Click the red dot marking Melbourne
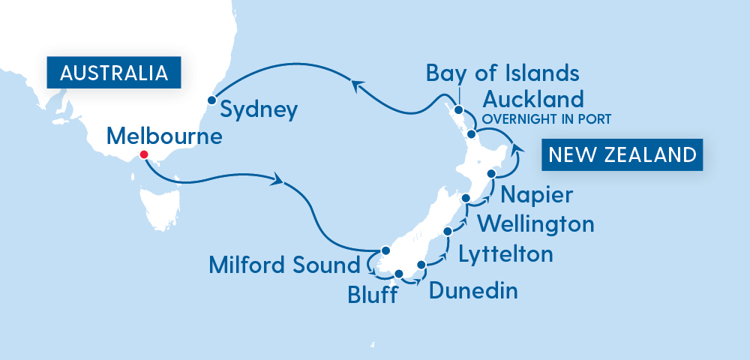(x=144, y=156)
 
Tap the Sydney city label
(x=259, y=110)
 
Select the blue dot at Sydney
(x=212, y=99)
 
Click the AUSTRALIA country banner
(x=112, y=73)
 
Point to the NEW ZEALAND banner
(x=622, y=154)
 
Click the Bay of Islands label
(x=502, y=73)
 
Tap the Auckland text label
(x=532, y=99)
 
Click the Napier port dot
(x=492, y=173)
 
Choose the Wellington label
(x=535, y=223)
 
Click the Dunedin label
(x=472, y=290)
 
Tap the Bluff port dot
(x=399, y=274)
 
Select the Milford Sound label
(x=284, y=265)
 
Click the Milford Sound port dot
(x=385, y=250)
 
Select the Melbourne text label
(x=164, y=136)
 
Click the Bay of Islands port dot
(x=459, y=109)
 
